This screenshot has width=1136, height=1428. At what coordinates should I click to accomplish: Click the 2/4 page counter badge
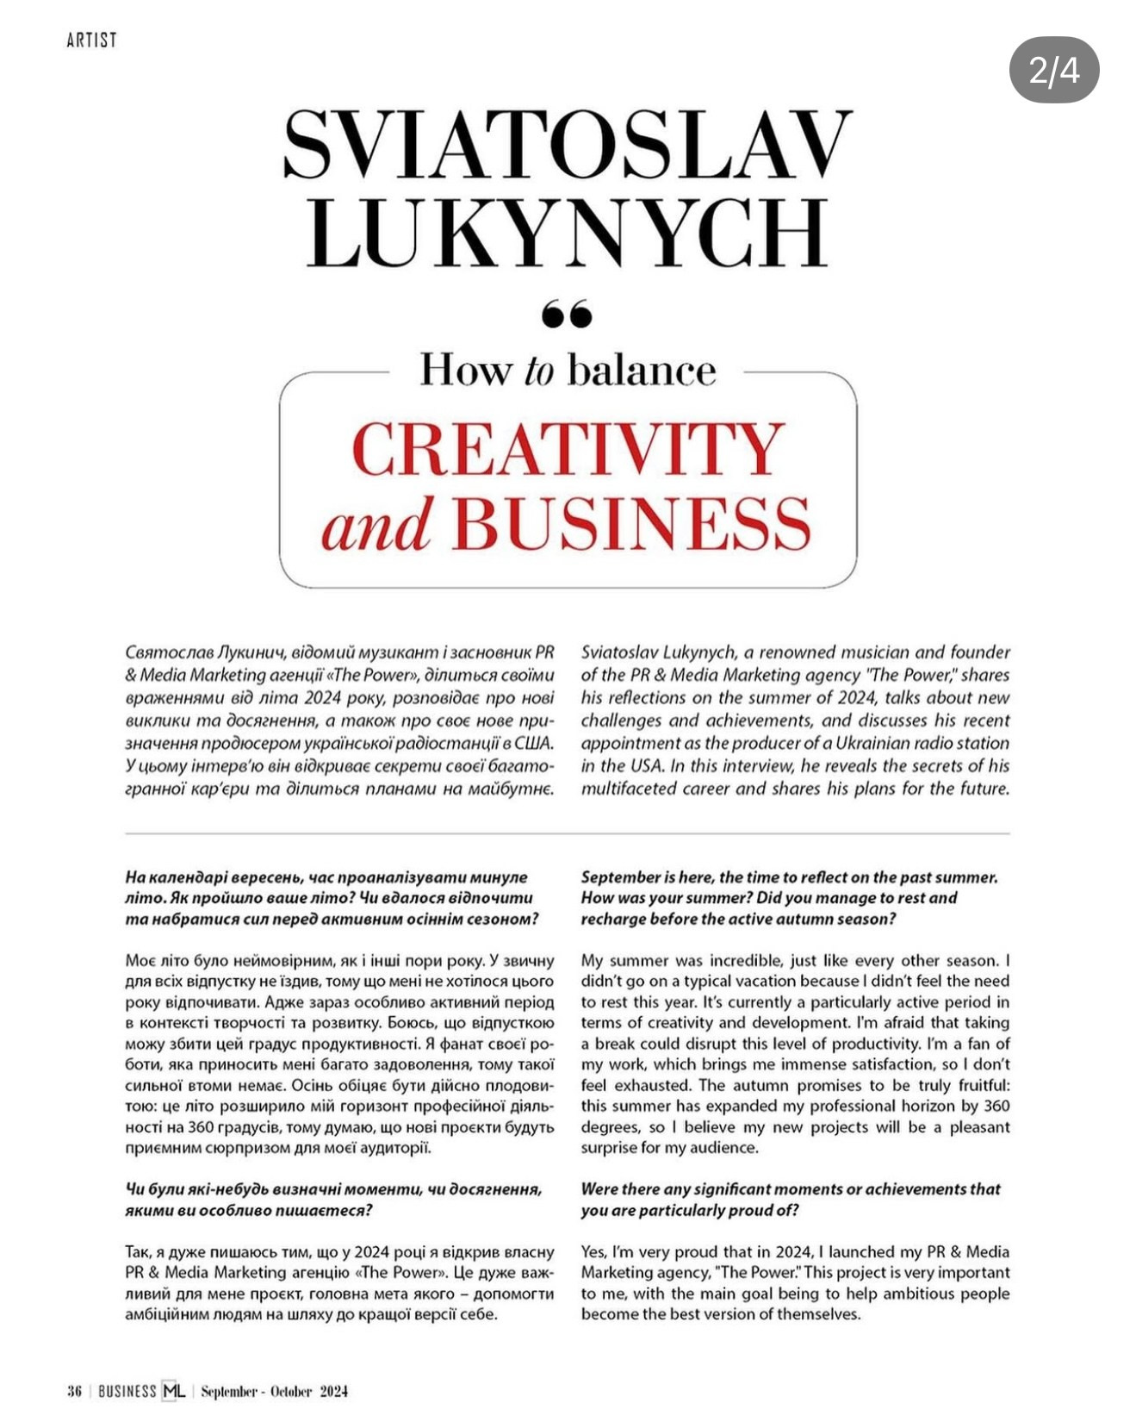point(1053,70)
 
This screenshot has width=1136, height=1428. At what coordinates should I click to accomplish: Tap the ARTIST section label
point(91,40)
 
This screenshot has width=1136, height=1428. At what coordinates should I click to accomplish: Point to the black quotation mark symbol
point(568,314)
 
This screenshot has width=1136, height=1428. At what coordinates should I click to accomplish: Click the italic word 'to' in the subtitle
point(538,371)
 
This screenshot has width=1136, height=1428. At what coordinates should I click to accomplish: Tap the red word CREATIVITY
point(568,449)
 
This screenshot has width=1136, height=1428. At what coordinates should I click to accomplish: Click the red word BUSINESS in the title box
point(631,523)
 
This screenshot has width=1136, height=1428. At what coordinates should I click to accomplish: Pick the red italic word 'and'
point(376,525)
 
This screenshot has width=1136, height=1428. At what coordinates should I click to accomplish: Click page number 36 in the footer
point(74,1391)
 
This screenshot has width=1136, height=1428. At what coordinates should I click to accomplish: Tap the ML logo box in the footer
point(173,1391)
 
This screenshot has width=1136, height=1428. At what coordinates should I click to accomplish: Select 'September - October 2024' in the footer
point(274,1391)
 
